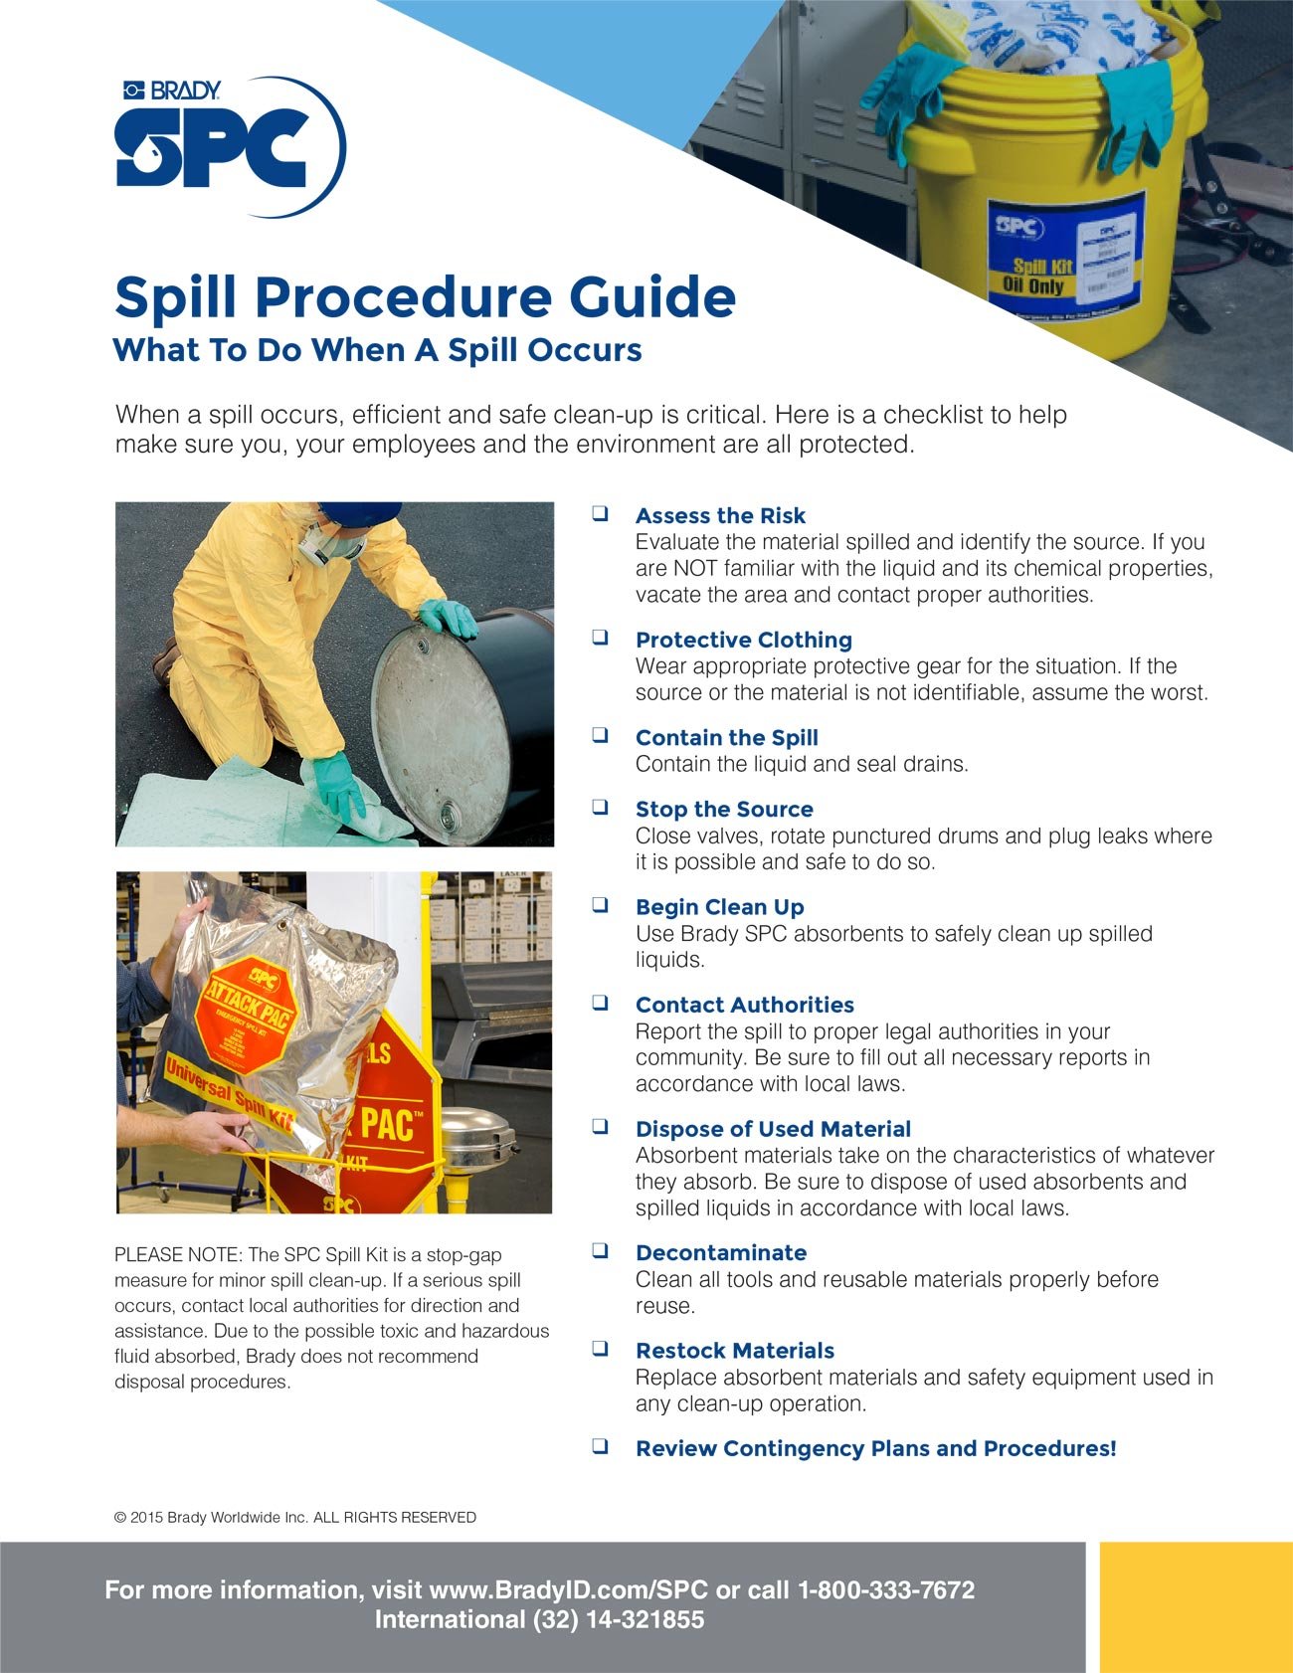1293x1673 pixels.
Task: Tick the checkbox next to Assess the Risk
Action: (601, 514)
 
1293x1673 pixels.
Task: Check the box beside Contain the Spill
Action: (601, 736)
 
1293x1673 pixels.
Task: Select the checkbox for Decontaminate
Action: (601, 1251)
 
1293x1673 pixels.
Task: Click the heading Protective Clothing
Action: (743, 640)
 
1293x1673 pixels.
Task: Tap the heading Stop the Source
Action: (723, 809)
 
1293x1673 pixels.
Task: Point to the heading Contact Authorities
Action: (744, 1005)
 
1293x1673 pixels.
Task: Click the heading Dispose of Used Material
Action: (773, 1129)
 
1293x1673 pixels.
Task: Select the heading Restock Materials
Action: (734, 1351)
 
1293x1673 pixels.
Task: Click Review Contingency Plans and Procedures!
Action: (875, 1448)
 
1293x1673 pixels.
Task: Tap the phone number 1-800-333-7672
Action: (886, 1589)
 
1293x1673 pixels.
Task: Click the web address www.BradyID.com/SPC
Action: (568, 1589)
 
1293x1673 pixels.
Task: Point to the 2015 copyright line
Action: (295, 1518)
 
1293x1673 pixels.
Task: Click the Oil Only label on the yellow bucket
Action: (1034, 285)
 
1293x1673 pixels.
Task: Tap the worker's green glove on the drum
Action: (450, 619)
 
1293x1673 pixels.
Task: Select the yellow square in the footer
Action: (1196, 1606)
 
